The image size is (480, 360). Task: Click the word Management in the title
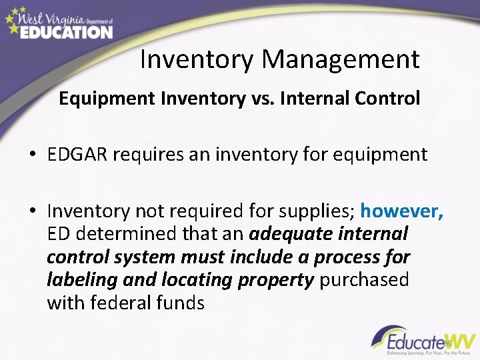[341, 59]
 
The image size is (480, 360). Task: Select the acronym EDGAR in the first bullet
[77, 155]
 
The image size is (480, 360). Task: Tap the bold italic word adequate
[292, 234]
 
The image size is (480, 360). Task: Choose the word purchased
[364, 279]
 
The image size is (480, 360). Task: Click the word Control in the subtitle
[387, 99]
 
